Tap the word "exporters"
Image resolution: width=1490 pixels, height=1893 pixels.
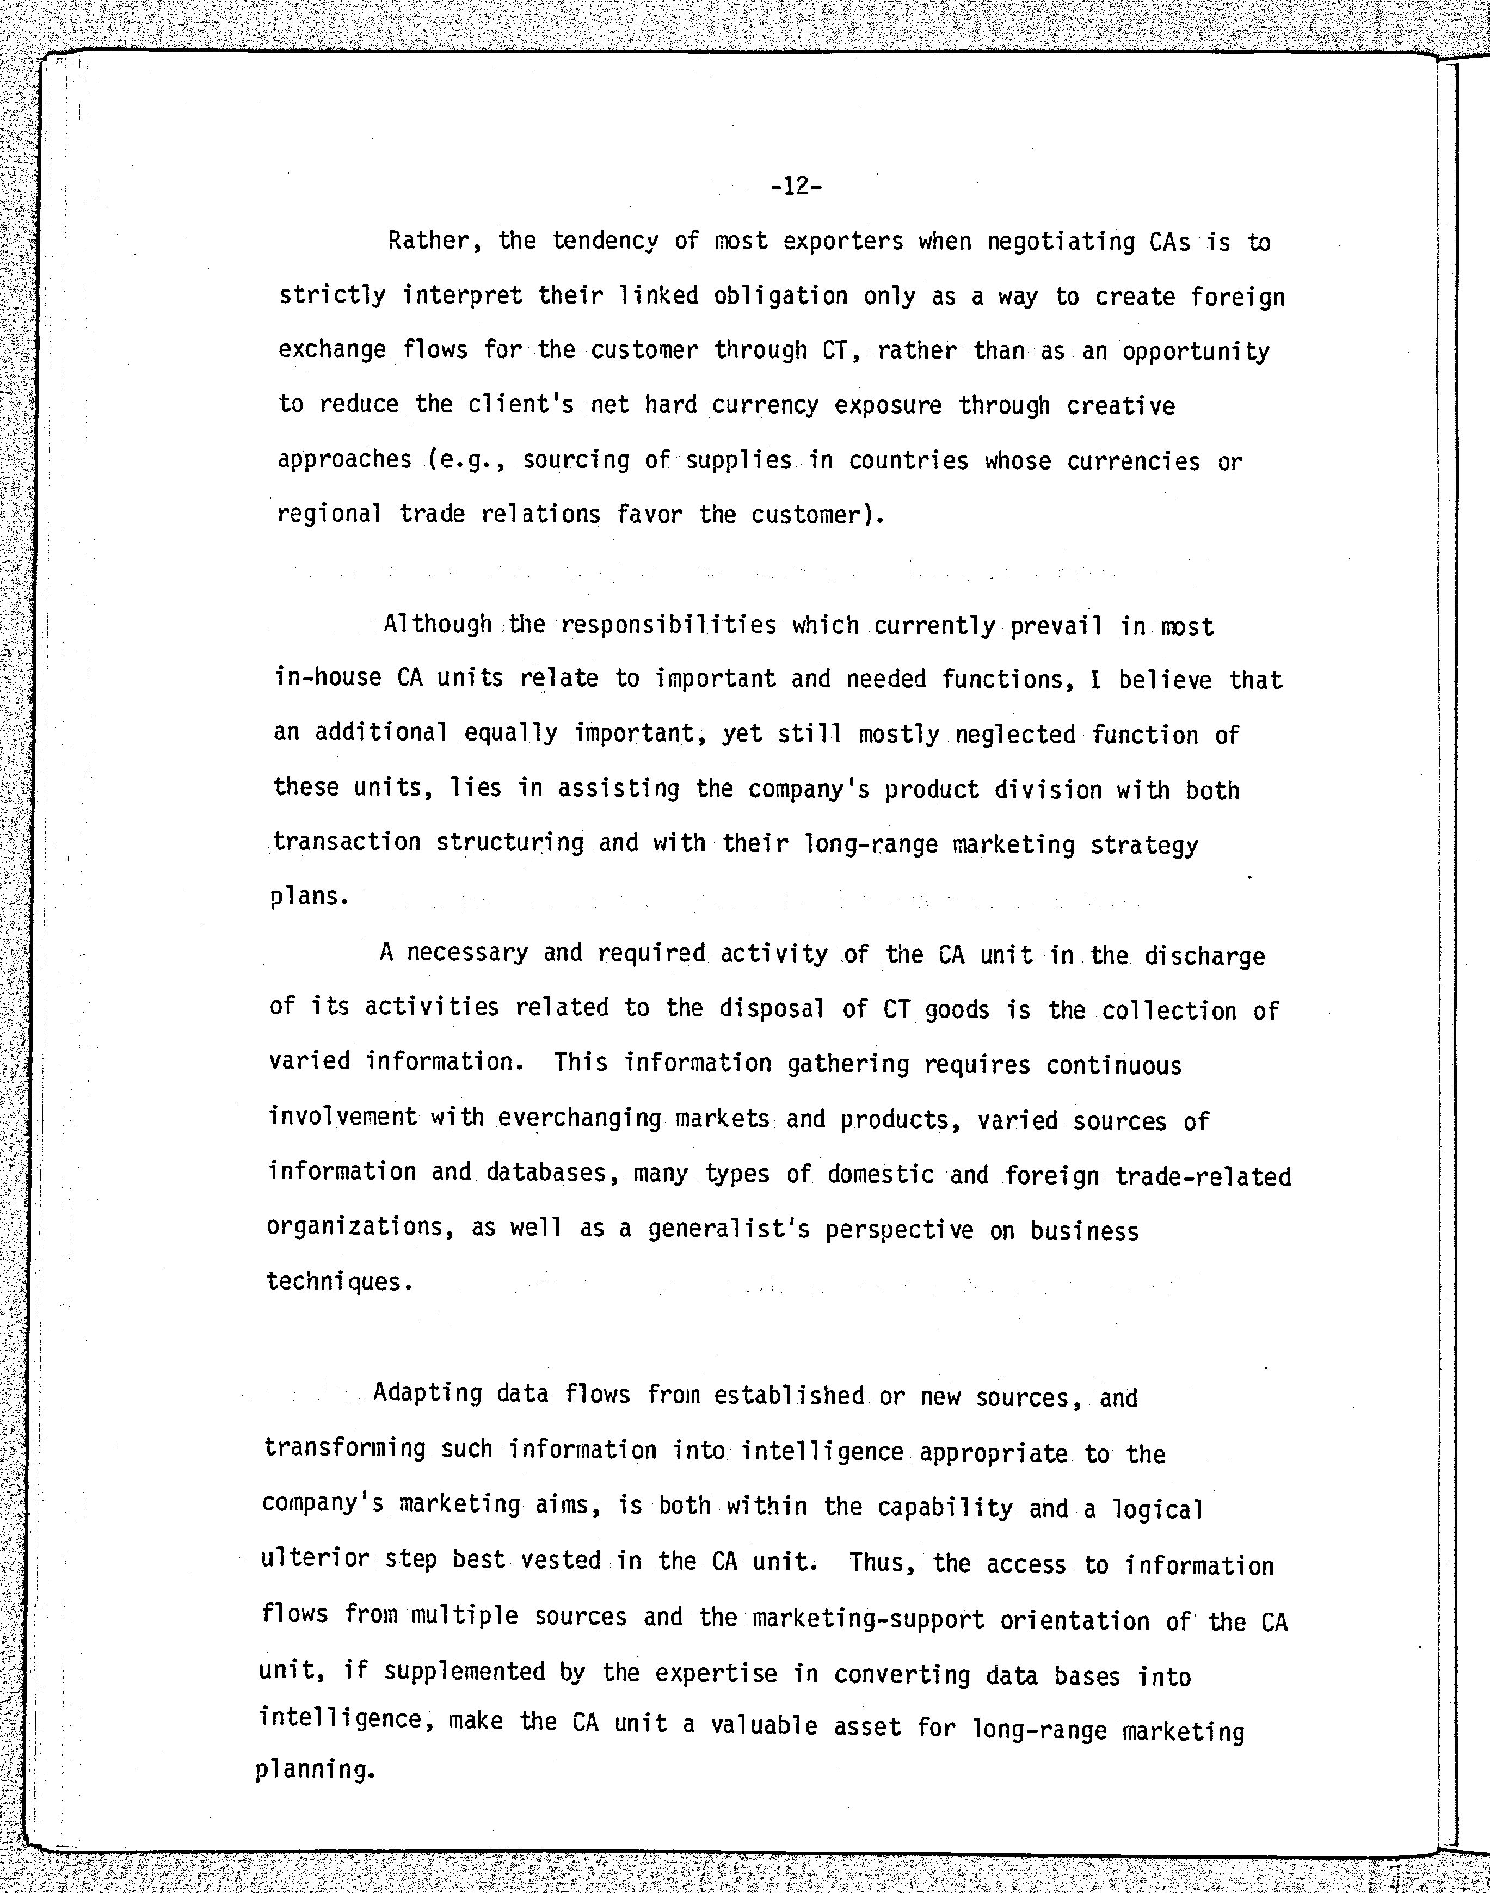coord(843,242)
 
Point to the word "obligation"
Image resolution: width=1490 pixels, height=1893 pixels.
coord(780,297)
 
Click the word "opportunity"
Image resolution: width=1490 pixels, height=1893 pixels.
coord(1195,352)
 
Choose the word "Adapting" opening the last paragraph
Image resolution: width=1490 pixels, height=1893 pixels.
coord(427,1393)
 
